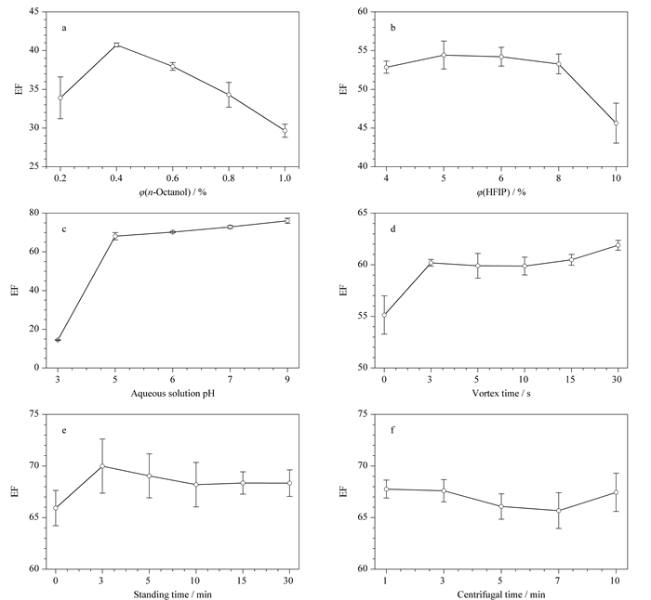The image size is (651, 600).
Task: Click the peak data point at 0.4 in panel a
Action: (x=116, y=45)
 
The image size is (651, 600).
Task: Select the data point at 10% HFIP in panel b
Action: (x=616, y=124)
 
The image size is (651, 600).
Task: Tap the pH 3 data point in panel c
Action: (x=58, y=340)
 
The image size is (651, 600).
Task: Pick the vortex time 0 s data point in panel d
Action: (x=384, y=315)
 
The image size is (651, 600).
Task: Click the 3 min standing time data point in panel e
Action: (x=102, y=466)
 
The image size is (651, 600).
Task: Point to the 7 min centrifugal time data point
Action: (x=559, y=511)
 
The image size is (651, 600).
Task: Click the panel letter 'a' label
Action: (x=64, y=28)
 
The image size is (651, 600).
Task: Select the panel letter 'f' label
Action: (x=392, y=430)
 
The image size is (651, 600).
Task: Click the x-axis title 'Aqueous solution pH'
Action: (x=173, y=393)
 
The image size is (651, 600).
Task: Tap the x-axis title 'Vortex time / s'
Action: (x=501, y=393)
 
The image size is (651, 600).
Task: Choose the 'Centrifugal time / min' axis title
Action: (x=501, y=594)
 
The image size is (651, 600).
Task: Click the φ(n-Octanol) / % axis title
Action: (x=173, y=192)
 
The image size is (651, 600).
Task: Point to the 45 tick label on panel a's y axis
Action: (x=34, y=12)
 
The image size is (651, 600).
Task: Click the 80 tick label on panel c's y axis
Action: (x=34, y=213)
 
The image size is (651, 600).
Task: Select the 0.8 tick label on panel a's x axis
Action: (x=229, y=178)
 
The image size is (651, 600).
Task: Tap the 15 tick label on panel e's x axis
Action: (x=243, y=580)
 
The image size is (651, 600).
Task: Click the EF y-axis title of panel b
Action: (x=343, y=89)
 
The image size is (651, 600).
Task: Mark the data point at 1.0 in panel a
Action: (x=285, y=131)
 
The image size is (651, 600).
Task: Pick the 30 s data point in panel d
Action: (x=618, y=245)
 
